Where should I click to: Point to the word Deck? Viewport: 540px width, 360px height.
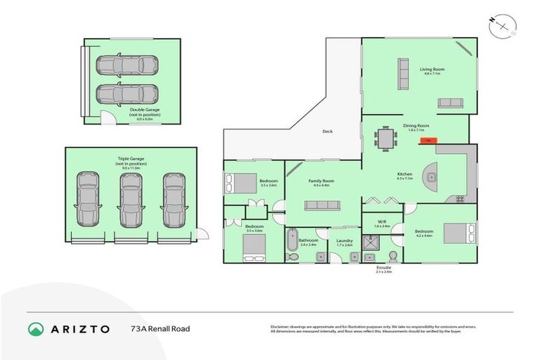point(327,131)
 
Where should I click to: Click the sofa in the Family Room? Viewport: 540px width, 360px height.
point(322,205)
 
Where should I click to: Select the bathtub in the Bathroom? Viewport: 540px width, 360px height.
point(292,240)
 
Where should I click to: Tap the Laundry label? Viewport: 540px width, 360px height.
point(344,241)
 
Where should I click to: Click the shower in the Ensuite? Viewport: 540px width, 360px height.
point(371,243)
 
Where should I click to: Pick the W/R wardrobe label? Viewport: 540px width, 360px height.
point(382,221)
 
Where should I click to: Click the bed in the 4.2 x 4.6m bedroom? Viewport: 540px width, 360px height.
point(458,231)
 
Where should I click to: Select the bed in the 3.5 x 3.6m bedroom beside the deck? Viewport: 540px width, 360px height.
point(241,183)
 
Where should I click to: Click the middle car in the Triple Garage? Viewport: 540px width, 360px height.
point(131,200)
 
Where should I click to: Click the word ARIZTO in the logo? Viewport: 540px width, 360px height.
point(79,328)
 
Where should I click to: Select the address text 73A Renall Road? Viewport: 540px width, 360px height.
point(160,328)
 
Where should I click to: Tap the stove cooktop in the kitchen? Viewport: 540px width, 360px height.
point(461,199)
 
